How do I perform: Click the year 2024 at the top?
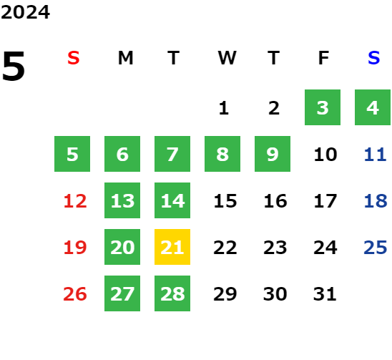point(25,12)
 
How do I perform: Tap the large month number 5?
point(14,66)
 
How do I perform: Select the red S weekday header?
point(74,58)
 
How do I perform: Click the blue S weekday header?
point(373,58)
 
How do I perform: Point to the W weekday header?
point(227,58)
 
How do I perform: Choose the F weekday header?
point(323,58)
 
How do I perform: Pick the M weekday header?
point(125,58)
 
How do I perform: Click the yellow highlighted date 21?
point(172,247)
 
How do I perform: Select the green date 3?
point(323,107)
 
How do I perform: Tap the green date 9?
point(273,154)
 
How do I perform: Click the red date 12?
point(75,201)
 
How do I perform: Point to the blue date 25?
point(376,248)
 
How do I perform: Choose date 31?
point(325,294)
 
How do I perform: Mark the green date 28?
point(172,293)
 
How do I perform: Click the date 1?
point(223,108)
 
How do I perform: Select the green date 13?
point(122,200)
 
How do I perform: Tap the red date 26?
point(75,294)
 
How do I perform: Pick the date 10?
point(325,155)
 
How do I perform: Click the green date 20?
point(122,247)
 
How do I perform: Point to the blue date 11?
point(376,155)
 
